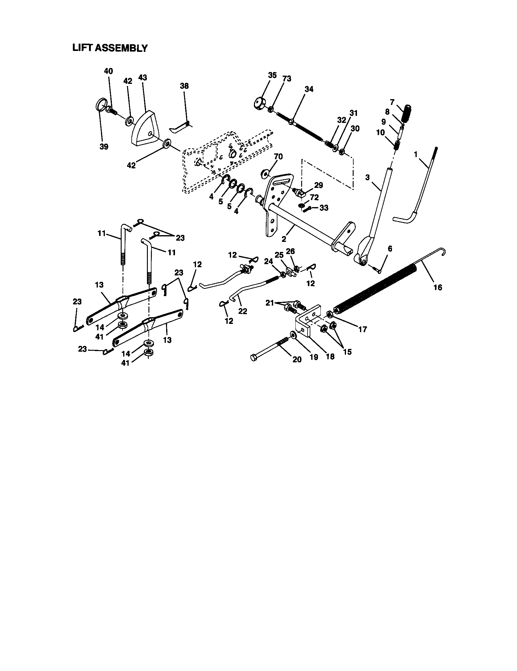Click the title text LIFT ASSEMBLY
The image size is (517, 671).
110,48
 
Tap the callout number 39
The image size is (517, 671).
104,147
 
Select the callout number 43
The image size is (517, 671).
142,78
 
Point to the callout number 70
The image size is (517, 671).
278,157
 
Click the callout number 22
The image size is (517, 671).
243,311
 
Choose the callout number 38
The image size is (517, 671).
184,86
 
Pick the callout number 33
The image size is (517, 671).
324,208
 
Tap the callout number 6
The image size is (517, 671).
390,248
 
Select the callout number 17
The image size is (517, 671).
362,329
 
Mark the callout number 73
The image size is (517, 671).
287,79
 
